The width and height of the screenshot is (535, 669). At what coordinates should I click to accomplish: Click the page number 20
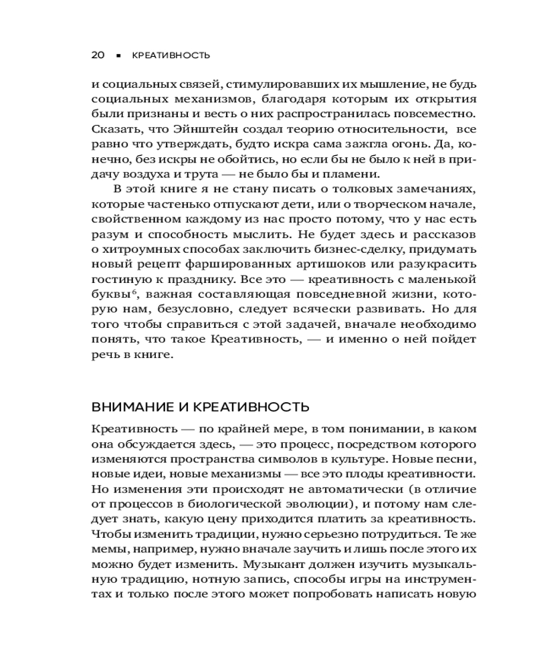pyautogui.click(x=98, y=56)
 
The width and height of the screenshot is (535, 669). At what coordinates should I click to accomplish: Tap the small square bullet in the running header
pyautogui.click(x=118, y=56)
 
